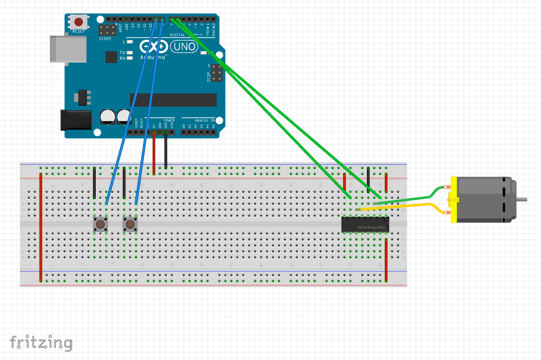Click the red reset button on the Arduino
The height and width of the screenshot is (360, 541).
[x=79, y=22]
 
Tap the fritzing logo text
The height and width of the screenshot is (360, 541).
[x=41, y=343]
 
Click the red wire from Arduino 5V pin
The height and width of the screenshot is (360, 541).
[x=154, y=153]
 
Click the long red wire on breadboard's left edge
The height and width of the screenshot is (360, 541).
[x=41, y=226]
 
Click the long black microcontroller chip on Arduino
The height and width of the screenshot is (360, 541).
[x=173, y=100]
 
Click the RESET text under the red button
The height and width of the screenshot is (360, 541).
[x=79, y=32]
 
